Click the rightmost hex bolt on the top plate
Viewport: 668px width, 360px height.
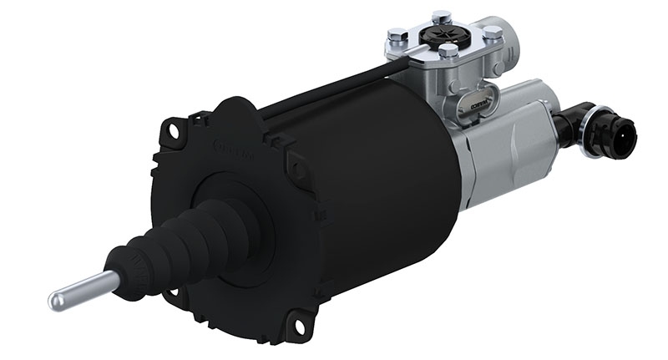pyautogui.click(x=493, y=33)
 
